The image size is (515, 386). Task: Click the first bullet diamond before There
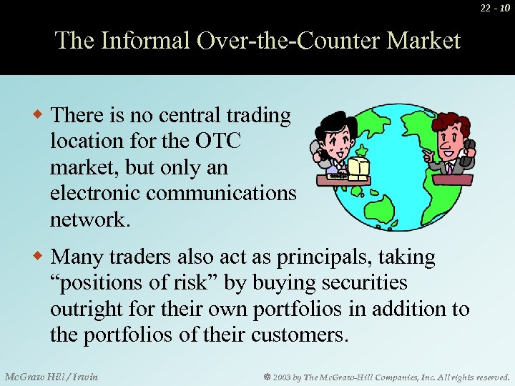coord(41,115)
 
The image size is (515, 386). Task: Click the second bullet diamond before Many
coord(41,256)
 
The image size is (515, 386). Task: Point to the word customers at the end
coord(298,335)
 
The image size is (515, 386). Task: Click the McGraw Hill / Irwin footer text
coord(51,376)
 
